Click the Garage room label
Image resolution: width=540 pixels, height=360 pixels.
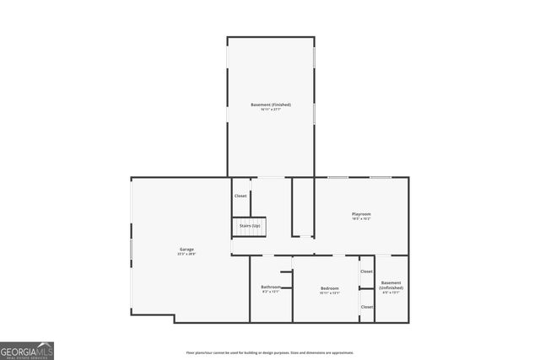click(x=186, y=250)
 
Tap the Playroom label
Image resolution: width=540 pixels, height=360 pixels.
click(x=361, y=214)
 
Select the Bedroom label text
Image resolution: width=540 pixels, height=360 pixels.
click(x=330, y=288)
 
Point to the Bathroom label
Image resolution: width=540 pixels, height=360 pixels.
click(x=270, y=287)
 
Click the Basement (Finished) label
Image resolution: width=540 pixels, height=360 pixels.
click(x=271, y=105)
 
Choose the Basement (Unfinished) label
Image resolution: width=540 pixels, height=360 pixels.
click(x=391, y=285)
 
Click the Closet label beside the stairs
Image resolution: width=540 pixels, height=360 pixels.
click(x=240, y=196)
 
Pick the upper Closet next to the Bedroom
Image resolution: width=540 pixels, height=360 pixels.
click(x=366, y=271)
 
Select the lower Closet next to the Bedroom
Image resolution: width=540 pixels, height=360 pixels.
click(x=366, y=307)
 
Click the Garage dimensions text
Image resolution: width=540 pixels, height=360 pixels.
click(x=186, y=255)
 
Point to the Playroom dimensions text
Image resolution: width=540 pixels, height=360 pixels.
click(x=361, y=219)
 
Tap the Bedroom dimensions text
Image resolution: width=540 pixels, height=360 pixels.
click(x=330, y=293)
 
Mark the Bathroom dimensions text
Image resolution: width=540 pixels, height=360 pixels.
click(x=270, y=293)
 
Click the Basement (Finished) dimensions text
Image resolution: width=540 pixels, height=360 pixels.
click(x=271, y=110)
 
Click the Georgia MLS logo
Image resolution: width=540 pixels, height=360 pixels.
click(x=27, y=350)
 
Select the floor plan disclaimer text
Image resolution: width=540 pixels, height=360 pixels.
click(x=270, y=352)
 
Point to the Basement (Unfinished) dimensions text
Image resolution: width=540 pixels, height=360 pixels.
click(x=391, y=293)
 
